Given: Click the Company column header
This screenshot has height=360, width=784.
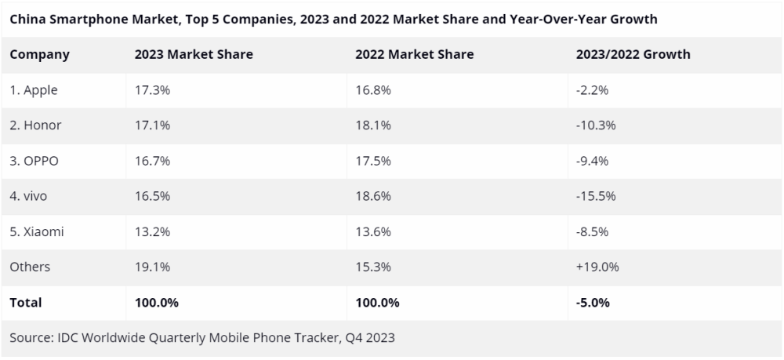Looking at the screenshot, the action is [x=39, y=54].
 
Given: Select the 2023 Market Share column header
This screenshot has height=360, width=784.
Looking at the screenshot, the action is [x=194, y=54].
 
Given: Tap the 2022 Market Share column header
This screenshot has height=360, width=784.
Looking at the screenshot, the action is [x=415, y=54].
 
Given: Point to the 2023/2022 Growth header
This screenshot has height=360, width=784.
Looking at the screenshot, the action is [x=633, y=54].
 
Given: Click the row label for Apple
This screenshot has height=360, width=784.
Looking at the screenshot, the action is [x=34, y=90].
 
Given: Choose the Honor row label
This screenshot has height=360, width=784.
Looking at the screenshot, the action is [x=35, y=125].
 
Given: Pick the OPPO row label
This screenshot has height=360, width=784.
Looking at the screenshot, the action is [x=34, y=161].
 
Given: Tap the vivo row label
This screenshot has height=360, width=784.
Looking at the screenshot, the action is [x=28, y=196].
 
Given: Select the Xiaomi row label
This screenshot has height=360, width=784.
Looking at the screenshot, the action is [x=37, y=231].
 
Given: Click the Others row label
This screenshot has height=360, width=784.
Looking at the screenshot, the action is [x=30, y=267].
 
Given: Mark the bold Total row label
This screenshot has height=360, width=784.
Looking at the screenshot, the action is [x=26, y=303].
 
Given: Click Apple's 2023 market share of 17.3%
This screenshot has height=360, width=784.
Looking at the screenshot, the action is [x=153, y=90].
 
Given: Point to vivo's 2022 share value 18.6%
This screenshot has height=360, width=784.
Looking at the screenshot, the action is [x=373, y=196].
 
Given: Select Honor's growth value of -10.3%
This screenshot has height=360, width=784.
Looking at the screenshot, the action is [x=596, y=125].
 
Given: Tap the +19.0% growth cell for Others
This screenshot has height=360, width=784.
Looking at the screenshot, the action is [x=597, y=267].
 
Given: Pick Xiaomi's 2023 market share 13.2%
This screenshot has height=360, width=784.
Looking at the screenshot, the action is [x=153, y=231].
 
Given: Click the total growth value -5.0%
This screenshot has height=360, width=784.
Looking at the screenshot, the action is [x=593, y=303].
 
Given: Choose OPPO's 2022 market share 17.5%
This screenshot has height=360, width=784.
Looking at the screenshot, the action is [x=373, y=161].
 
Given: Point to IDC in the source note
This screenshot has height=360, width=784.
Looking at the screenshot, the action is [x=67, y=337].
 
